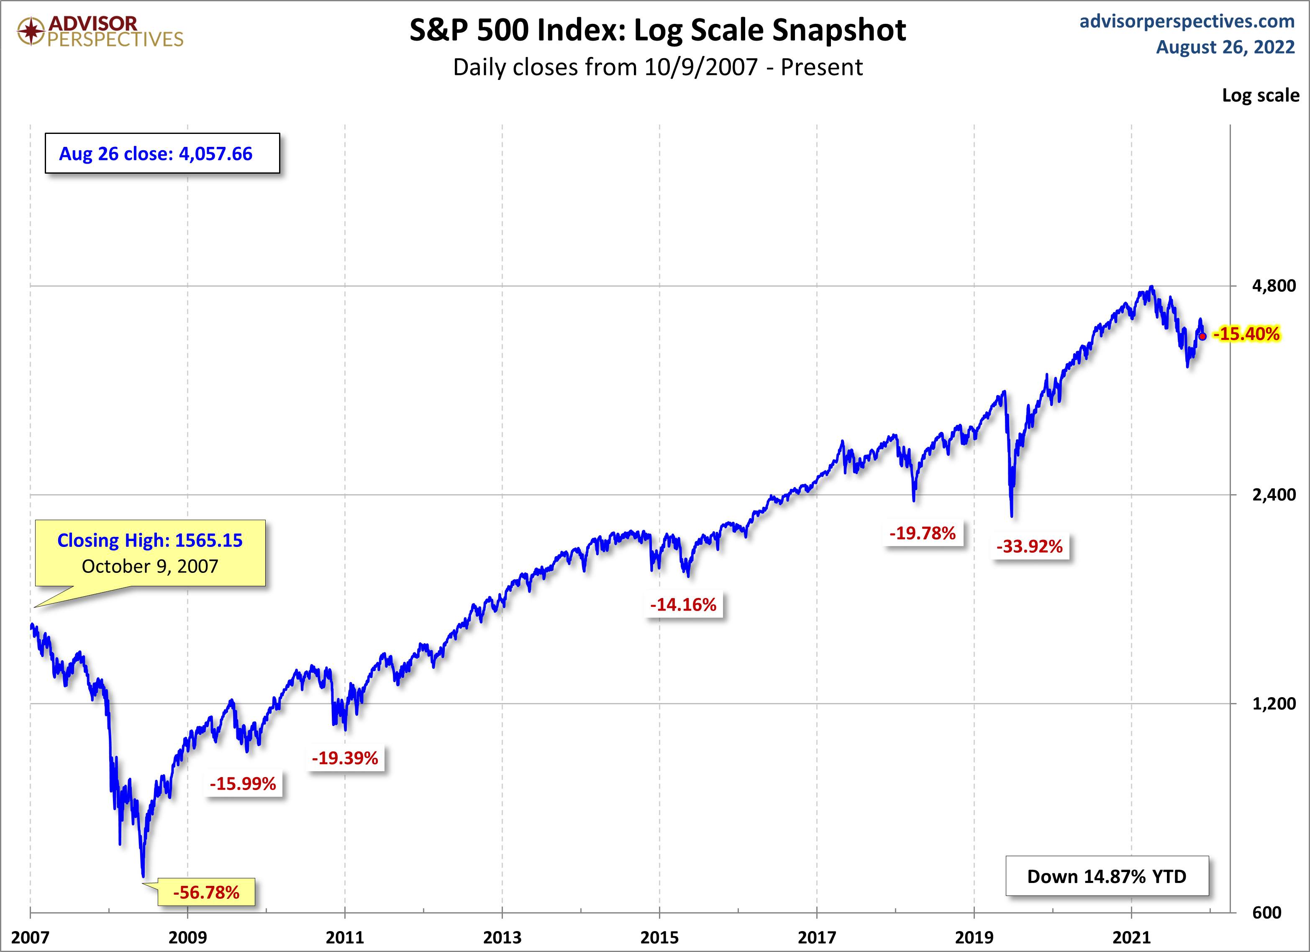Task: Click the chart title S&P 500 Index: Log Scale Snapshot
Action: coord(657,30)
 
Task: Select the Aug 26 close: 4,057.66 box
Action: coord(162,154)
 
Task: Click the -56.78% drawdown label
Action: coord(206,893)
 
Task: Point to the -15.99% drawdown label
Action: coord(243,784)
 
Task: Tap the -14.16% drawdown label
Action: coord(683,605)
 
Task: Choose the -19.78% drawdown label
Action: coord(923,533)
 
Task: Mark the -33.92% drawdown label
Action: coord(1030,547)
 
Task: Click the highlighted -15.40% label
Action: coord(1246,334)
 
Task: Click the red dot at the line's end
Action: coord(1202,336)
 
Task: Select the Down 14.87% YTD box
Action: coord(1107,876)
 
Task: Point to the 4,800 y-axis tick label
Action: coord(1274,286)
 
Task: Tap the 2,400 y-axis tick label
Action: coord(1274,495)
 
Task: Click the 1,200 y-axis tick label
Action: coord(1274,703)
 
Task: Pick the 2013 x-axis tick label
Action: coord(502,937)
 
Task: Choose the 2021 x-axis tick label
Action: coord(1131,937)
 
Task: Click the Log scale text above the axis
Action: coord(1260,95)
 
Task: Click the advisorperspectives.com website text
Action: coord(1187,21)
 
